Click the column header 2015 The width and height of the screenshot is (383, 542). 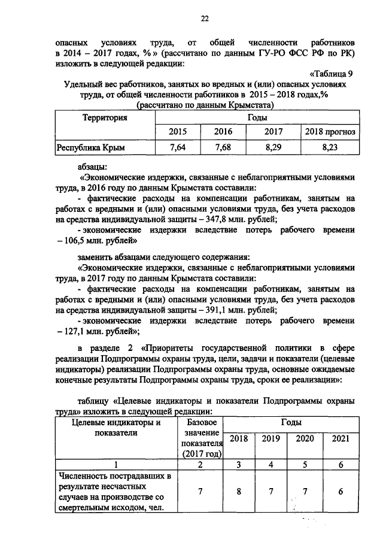(x=177, y=131)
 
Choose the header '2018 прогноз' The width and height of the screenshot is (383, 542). (x=330, y=131)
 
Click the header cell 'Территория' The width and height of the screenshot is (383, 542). (x=105, y=118)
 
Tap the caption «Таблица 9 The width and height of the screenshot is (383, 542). (x=333, y=74)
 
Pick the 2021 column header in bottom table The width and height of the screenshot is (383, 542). (x=340, y=438)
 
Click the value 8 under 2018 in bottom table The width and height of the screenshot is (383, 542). (x=238, y=492)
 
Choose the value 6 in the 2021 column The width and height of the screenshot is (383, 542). (x=340, y=492)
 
